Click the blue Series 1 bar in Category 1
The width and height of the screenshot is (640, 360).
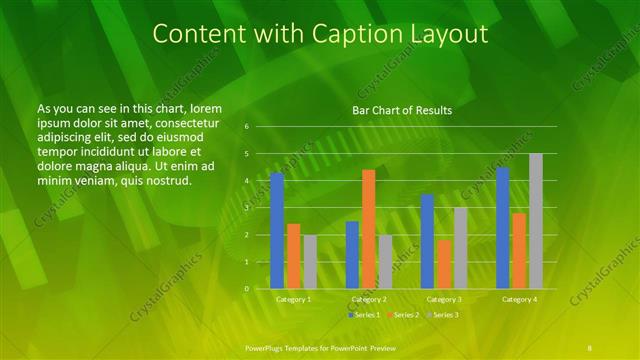click(x=277, y=231)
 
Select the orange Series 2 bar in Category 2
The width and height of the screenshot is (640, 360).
click(x=368, y=229)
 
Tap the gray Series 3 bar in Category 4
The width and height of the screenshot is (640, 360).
click(x=536, y=221)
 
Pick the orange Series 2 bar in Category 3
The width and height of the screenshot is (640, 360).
click(x=443, y=264)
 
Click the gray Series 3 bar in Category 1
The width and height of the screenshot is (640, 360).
click(x=310, y=262)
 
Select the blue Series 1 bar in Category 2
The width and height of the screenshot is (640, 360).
click(x=352, y=255)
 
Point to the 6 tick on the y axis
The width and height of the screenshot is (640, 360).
click(x=246, y=127)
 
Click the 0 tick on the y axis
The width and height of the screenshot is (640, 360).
click(x=246, y=289)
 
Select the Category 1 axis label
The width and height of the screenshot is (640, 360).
click(x=293, y=299)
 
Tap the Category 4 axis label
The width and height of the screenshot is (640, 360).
click(x=518, y=299)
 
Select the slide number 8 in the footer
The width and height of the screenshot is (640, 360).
click(x=592, y=345)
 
